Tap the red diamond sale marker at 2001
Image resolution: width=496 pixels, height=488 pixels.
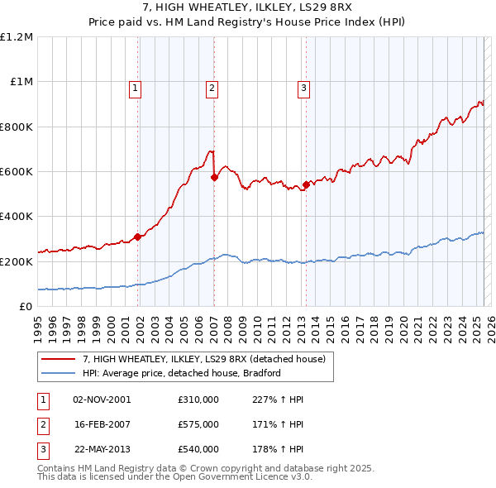(x=137, y=237)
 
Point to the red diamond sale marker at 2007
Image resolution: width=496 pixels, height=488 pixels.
(x=214, y=177)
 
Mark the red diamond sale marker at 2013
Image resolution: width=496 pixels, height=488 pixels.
(x=306, y=184)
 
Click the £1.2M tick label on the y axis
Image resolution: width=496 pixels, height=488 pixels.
(x=17, y=37)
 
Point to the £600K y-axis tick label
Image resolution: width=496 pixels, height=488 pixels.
(x=17, y=171)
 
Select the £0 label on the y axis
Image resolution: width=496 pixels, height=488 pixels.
(x=25, y=306)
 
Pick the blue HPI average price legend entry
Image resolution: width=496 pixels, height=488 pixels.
(x=182, y=373)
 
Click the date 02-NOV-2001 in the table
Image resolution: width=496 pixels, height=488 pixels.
(x=102, y=399)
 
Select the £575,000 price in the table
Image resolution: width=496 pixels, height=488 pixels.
(x=198, y=424)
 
